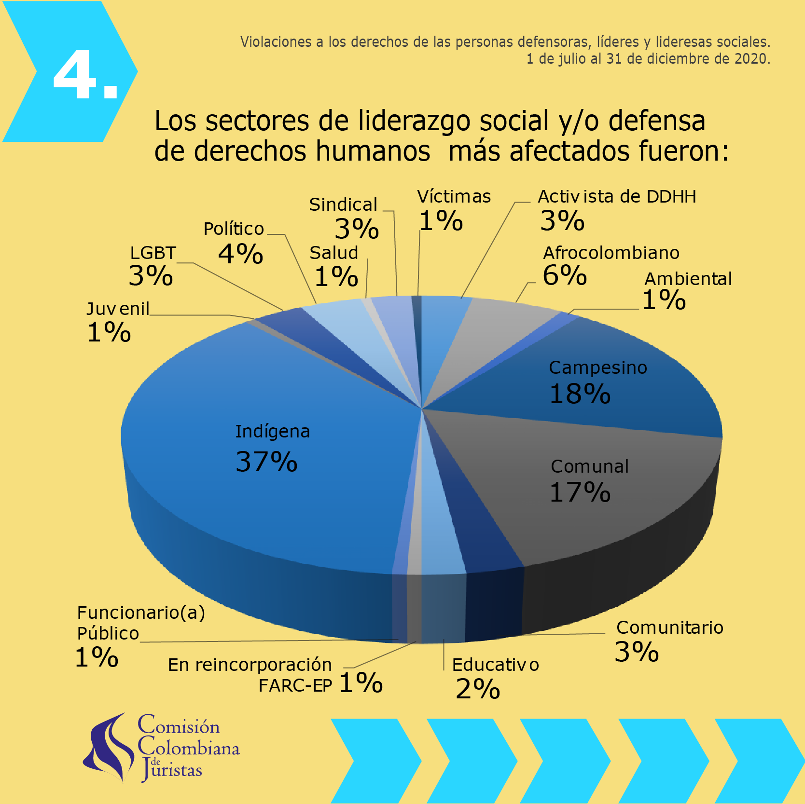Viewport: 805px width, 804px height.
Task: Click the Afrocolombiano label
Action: pyautogui.click(x=611, y=253)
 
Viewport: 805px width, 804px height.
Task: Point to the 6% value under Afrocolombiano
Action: pyautogui.click(x=564, y=276)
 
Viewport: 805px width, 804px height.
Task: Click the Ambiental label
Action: pyautogui.click(x=688, y=279)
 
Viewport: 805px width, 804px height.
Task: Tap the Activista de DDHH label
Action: pyautogui.click(x=616, y=197)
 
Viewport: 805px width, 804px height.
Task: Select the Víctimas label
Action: pyautogui.click(x=454, y=197)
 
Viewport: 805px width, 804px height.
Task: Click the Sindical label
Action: pyautogui.click(x=343, y=205)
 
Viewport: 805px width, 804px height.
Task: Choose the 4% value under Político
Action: pyautogui.click(x=240, y=254)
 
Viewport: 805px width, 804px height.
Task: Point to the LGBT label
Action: pyautogui.click(x=153, y=253)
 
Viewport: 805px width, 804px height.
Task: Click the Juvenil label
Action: pyautogui.click(x=118, y=309)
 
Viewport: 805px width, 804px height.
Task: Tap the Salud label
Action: pyautogui.click(x=333, y=253)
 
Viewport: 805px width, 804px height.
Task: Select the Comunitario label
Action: pyautogui.click(x=669, y=628)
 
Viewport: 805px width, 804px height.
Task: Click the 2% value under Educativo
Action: pyautogui.click(x=477, y=689)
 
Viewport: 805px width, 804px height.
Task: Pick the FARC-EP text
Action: pyautogui.click(x=295, y=686)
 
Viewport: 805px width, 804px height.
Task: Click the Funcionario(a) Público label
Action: pyautogui.click(x=141, y=623)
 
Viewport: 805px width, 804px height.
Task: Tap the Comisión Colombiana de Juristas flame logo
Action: pyautogui.click(x=109, y=748)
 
